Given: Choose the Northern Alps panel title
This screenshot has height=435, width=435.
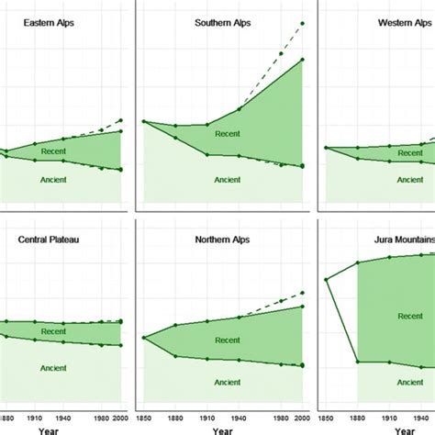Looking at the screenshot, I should point(220,240).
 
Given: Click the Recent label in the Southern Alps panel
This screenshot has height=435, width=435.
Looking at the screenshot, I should point(227,134).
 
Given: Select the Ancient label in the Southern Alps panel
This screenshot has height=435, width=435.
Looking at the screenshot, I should point(228,180).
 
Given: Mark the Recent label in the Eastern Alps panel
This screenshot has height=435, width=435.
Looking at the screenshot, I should point(52,151).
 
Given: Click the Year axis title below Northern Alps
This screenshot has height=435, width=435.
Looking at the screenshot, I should point(223,429).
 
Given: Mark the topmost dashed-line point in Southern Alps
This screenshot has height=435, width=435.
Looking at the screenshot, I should point(303,23).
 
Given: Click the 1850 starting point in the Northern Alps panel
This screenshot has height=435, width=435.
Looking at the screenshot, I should point(144,338).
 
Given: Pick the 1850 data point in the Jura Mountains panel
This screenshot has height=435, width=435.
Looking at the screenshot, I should point(326,279).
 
